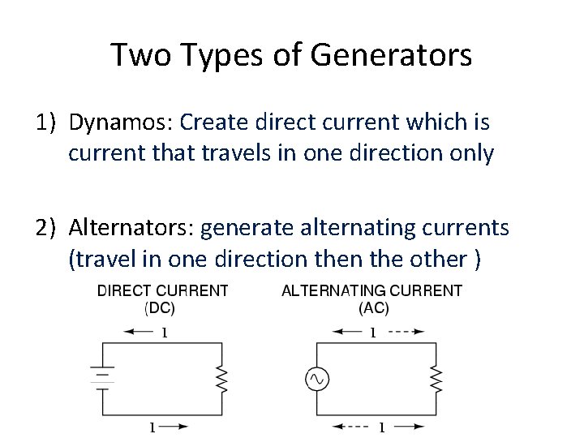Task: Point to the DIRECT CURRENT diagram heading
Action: [162, 290]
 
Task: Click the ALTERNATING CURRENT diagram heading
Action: [371, 290]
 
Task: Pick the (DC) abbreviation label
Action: [160, 307]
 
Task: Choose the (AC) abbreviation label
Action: [373, 307]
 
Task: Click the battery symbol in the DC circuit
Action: [101, 377]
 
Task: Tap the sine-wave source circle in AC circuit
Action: [316, 378]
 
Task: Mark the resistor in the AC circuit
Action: [436, 378]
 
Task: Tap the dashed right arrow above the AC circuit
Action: [407, 331]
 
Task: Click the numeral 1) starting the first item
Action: [45, 123]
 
